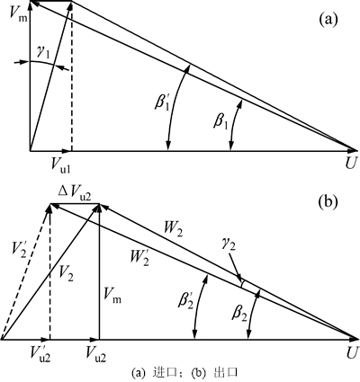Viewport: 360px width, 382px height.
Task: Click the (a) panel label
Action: [x=328, y=20]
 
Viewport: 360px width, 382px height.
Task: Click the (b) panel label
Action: [x=328, y=202]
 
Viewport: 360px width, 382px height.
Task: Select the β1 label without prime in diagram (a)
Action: [x=220, y=122]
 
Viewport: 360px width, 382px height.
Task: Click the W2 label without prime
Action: [x=173, y=230]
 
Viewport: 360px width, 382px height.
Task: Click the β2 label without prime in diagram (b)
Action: [x=240, y=314]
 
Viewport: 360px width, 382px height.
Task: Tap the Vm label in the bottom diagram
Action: [x=112, y=298]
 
